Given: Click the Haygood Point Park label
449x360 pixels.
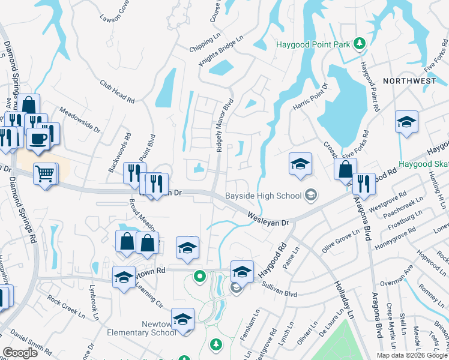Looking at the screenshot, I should click(314, 44).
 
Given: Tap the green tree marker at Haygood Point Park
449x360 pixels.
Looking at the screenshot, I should click(359, 43).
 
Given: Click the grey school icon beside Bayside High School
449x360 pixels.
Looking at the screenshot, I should click(311, 194).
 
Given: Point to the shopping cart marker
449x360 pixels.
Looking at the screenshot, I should click(46, 175).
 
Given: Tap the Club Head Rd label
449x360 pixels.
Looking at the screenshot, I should click(117, 92).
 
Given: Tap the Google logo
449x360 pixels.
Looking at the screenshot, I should click(20, 353).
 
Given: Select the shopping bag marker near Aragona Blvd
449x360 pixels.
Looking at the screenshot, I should click(346, 169).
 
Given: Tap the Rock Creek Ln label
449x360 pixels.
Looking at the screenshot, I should click(67, 305).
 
